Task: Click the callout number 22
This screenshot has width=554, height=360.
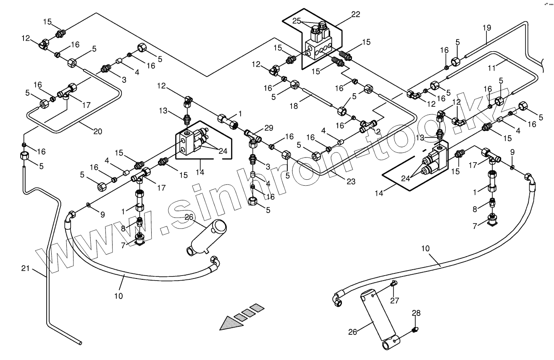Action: click(x=355, y=14)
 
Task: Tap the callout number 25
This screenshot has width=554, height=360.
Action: click(x=297, y=21)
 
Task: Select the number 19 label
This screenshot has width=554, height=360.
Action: click(x=486, y=28)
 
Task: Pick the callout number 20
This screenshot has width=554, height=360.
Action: click(x=97, y=131)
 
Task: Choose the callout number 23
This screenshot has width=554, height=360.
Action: click(x=351, y=181)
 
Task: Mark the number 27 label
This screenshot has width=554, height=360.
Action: click(x=394, y=300)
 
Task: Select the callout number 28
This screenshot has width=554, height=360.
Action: click(x=416, y=313)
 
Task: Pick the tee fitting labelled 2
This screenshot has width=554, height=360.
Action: click(x=368, y=124)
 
